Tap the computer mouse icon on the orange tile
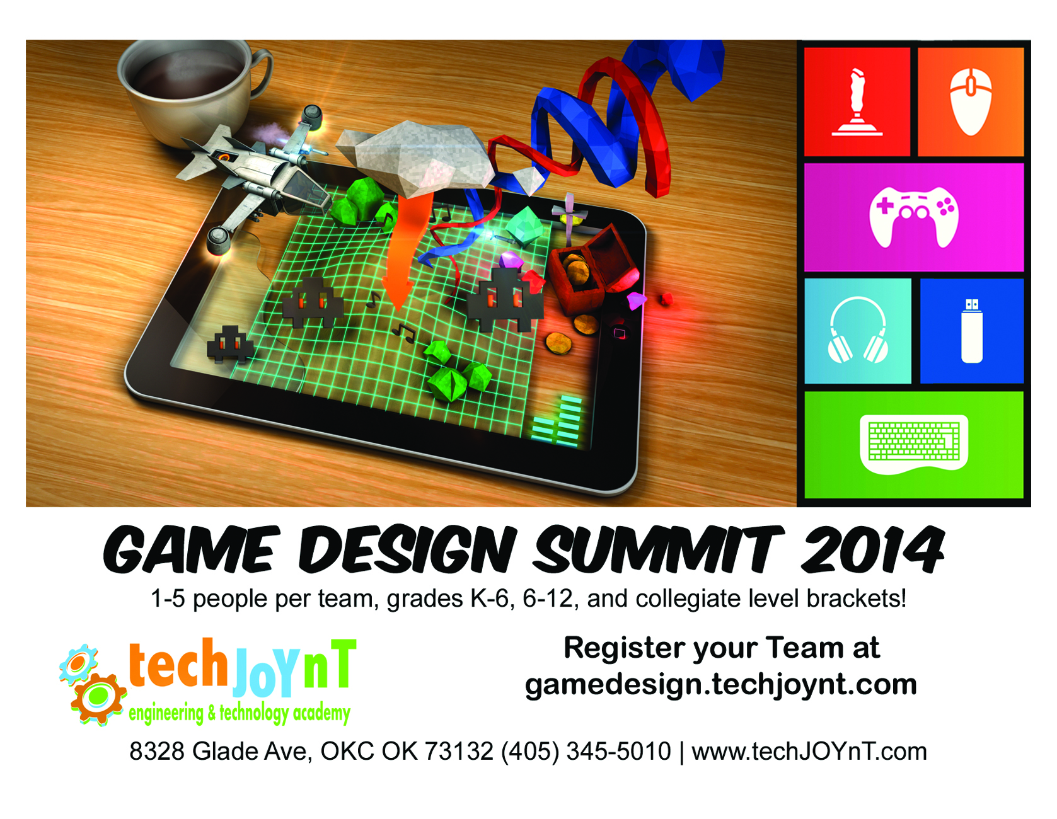[971, 101]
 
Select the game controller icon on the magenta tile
[914, 217]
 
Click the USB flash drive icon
[972, 331]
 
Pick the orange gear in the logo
[98, 697]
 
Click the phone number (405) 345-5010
[586, 751]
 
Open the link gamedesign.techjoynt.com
[721, 684]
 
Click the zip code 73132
[459, 751]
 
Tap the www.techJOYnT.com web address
[809, 751]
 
